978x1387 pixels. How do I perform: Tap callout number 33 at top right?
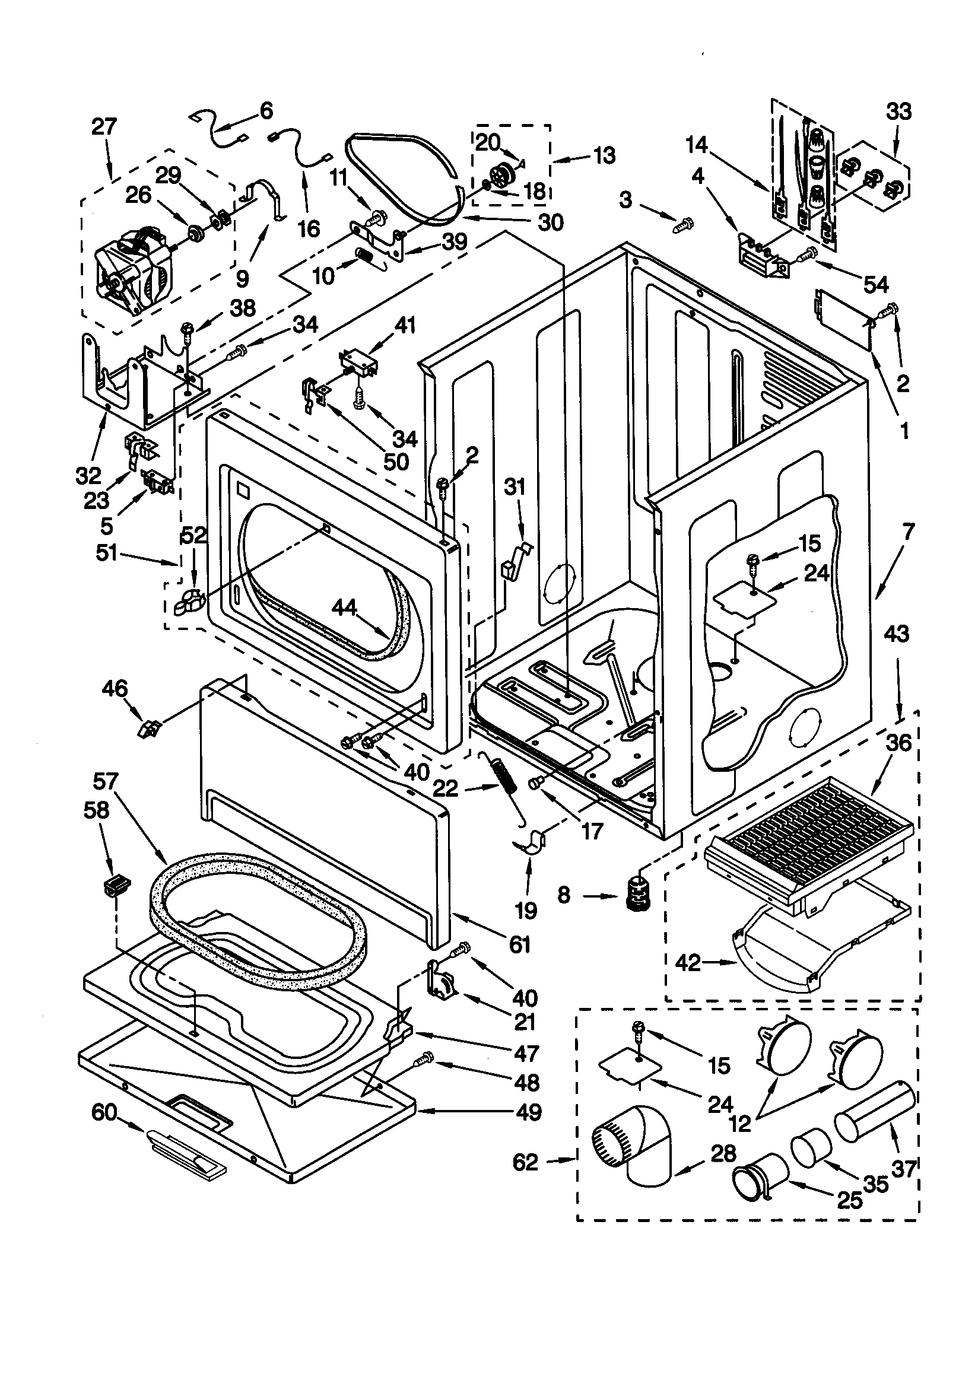898,112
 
